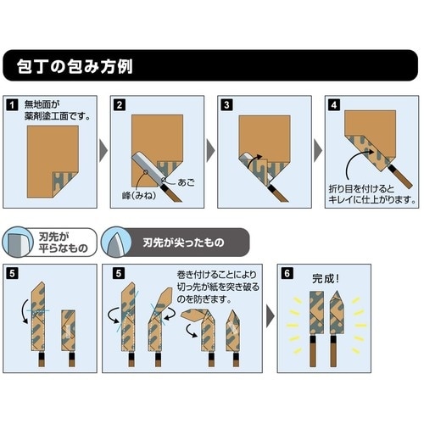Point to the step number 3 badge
pos(226,105)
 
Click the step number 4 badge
pos(334,105)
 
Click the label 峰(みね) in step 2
pos(133,196)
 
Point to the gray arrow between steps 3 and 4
pos(319,151)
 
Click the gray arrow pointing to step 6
pos(271,321)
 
